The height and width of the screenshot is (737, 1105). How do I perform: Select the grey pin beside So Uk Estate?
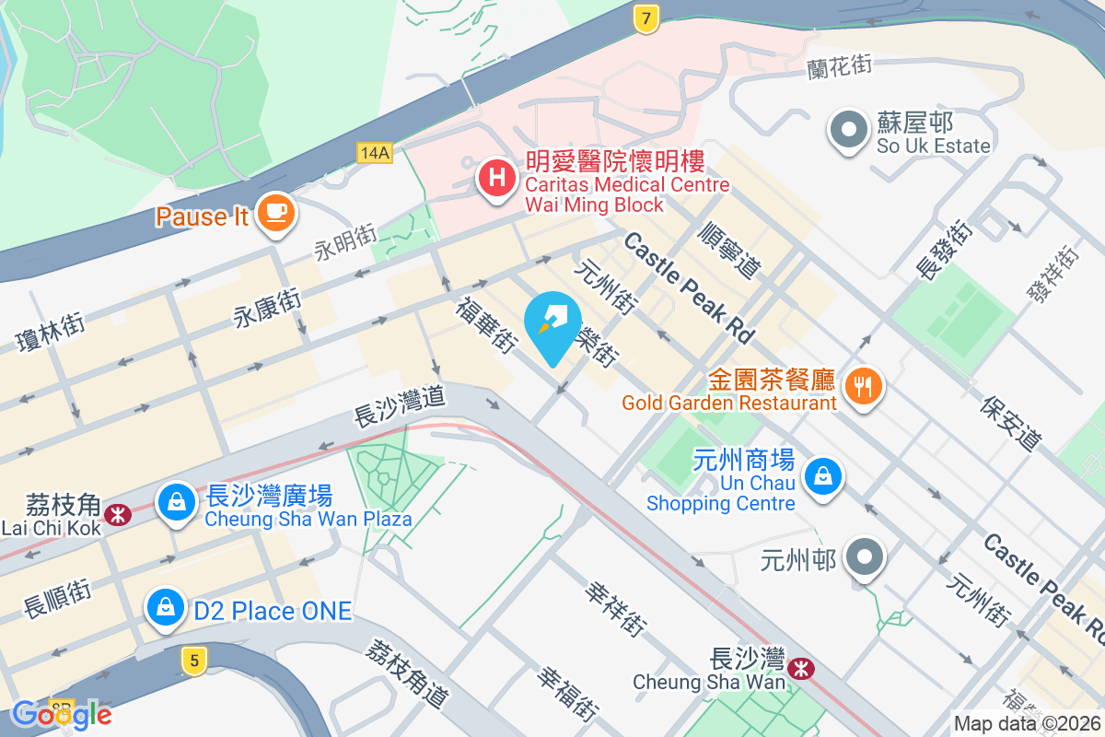[848, 131]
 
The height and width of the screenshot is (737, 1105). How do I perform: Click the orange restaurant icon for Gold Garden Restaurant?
[863, 385]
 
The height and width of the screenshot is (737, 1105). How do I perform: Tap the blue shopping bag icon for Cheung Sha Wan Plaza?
[175, 503]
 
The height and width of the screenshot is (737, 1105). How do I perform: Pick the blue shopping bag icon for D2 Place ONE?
[164, 609]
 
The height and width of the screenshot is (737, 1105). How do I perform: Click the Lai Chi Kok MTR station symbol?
[118, 513]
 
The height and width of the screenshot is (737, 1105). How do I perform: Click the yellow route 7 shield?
[647, 18]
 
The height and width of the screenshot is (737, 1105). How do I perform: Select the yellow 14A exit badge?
[375, 153]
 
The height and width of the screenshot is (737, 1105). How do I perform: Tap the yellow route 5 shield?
[192, 660]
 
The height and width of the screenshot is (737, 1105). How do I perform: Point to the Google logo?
[62, 714]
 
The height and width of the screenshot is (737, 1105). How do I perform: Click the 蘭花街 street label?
[839, 64]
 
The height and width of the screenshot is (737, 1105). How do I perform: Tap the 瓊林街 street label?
[52, 333]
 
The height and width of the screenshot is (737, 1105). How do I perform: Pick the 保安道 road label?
[1010, 424]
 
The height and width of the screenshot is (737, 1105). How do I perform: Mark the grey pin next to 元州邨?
[866, 558]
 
